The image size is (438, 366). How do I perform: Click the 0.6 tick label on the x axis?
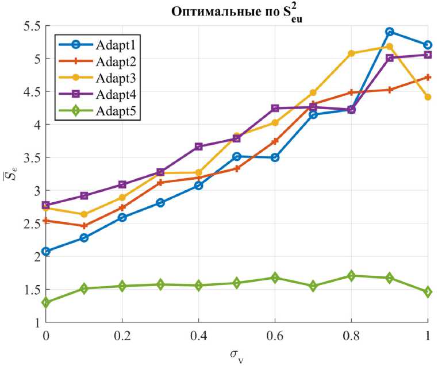tap(275, 335)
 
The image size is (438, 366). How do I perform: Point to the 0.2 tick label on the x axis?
tap(122, 335)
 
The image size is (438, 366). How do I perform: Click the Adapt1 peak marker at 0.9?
tap(390, 32)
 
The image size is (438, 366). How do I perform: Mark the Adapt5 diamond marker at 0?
tap(46, 302)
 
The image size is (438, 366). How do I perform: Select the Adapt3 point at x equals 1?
tap(428, 97)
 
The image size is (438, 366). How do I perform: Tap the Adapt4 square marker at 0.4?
tap(198, 147)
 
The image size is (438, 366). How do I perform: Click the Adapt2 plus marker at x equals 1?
tap(428, 77)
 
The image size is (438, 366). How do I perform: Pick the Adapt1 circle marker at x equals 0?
tap(46, 251)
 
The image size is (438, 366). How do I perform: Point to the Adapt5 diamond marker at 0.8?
tap(351, 276)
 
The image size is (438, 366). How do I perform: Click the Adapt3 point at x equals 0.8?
tap(351, 53)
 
